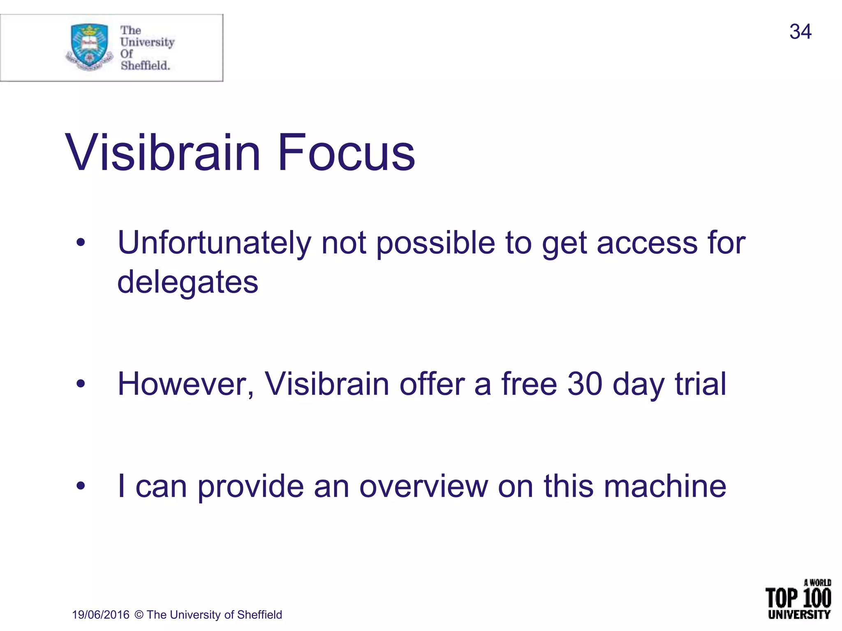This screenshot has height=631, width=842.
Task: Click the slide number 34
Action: [x=800, y=32]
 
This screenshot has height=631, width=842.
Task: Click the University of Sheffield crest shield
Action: [x=89, y=45]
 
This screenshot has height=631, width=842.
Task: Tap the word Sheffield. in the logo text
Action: [x=145, y=65]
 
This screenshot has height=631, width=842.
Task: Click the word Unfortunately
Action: [x=214, y=243]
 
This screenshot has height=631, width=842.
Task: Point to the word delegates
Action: [x=188, y=283]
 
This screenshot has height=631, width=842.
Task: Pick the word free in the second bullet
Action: [x=529, y=384]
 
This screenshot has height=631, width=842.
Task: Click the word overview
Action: [x=423, y=486]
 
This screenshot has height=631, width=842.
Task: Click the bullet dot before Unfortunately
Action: [x=81, y=243]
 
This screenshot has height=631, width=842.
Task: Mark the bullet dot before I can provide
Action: [x=81, y=486]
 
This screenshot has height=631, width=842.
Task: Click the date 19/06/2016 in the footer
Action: [x=101, y=615]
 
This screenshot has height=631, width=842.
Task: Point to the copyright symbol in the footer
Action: [x=139, y=615]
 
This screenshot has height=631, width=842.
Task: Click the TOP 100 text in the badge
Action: [x=798, y=598]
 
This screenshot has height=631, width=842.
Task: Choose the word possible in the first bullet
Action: [x=436, y=243]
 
